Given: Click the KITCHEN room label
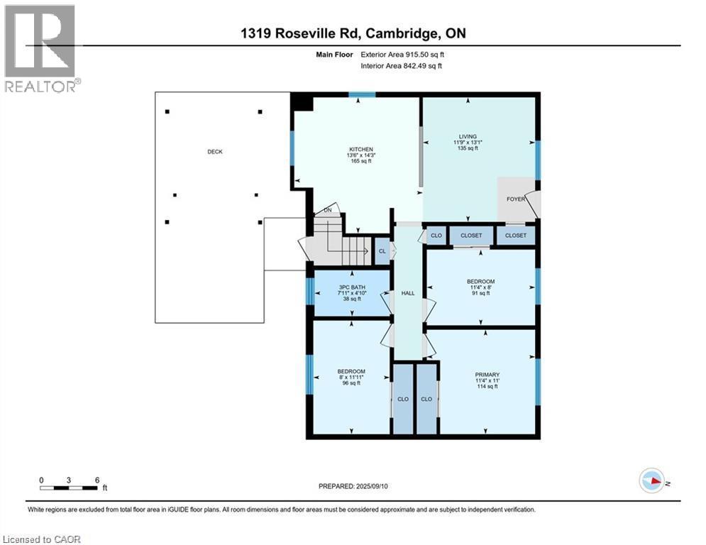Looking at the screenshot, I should click(360, 149).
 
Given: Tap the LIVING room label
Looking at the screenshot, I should click(468, 136).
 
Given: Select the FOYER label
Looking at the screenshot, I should click(516, 199).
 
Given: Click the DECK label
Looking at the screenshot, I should click(215, 151).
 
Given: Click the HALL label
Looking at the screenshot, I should click(408, 293).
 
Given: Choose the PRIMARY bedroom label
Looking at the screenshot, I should click(487, 375).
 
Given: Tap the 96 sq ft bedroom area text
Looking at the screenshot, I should click(351, 383).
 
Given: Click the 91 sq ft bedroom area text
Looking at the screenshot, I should click(480, 293).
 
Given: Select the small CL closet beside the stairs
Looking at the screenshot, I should click(382, 251).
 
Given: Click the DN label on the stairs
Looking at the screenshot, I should click(328, 210).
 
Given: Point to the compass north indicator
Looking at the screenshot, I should click(652, 482).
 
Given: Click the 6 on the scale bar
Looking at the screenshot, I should click(96, 480).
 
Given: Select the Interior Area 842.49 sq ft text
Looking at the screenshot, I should click(402, 65).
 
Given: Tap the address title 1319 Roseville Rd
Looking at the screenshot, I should click(353, 33).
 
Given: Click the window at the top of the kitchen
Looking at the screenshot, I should click(362, 95).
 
